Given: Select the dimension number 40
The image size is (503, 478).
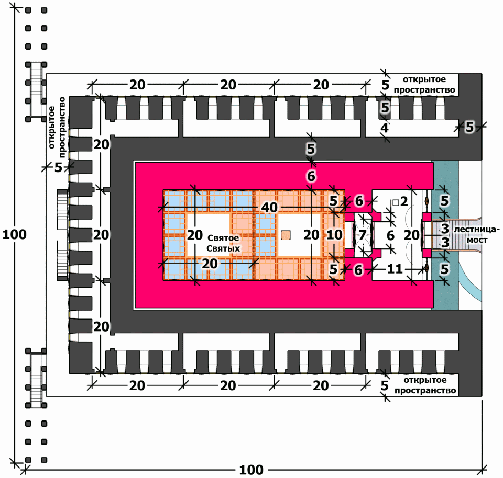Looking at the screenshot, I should (x=269, y=208).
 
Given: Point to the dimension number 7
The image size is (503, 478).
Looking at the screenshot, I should (x=362, y=235).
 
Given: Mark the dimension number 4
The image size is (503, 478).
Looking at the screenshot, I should (x=385, y=128).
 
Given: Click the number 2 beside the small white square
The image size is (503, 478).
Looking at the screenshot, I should (x=404, y=201).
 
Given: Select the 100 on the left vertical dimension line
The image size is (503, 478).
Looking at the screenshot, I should (x=14, y=235).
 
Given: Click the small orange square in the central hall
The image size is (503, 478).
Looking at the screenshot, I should (x=286, y=235).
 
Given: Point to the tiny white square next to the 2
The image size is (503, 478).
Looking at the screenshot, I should (x=396, y=202).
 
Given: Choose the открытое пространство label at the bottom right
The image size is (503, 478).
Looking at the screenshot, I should (x=425, y=385).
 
